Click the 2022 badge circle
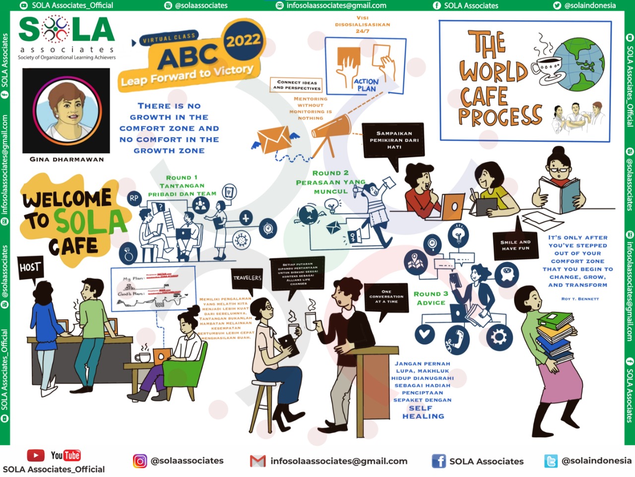coord(243,40)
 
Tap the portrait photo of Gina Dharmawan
coord(66,110)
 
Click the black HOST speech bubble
coord(30,268)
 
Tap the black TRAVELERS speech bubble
coord(247,279)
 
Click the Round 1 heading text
coord(182,178)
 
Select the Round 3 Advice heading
coord(431,298)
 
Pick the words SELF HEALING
coord(422,412)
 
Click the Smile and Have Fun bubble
coord(515,245)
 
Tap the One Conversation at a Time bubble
coord(386,297)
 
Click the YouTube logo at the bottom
coord(54,455)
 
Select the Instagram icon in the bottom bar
coord(140,461)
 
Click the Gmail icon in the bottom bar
coord(257,461)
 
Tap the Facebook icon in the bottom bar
coord(439,461)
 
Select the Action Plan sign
coord(366,85)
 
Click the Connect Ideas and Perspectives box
coord(297,85)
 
